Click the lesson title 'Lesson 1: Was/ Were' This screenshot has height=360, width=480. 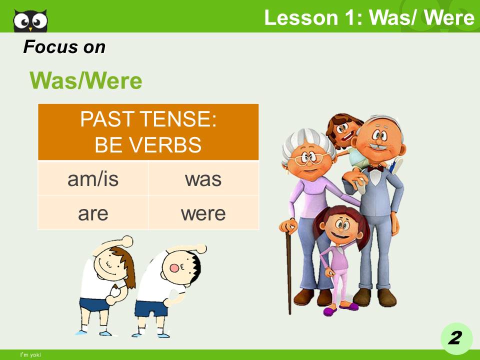[369, 18]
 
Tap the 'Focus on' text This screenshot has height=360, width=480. [64, 47]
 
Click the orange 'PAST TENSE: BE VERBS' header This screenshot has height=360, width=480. [148, 132]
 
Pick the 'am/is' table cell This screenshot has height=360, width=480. [93, 178]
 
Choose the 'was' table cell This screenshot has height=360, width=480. [203, 178]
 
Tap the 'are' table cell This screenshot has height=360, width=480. [93, 213]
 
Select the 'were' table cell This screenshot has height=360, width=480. [203, 213]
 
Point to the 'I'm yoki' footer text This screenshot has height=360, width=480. [30, 355]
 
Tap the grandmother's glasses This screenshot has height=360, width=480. [306, 159]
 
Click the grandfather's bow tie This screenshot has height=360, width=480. [375, 168]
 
